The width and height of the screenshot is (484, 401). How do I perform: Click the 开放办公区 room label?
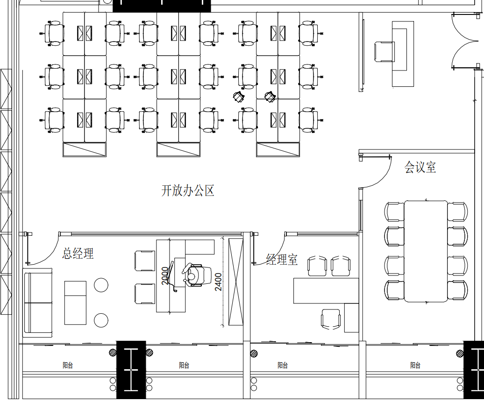pyautogui.click(x=188, y=190)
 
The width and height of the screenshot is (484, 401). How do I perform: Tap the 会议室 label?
pyautogui.click(x=420, y=167)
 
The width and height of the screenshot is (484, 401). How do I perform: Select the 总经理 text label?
pyautogui.click(x=78, y=253)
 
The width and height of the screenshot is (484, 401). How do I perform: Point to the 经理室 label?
pyautogui.click(x=282, y=260)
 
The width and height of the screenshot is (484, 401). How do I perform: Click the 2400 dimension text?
pyautogui.click(x=218, y=281)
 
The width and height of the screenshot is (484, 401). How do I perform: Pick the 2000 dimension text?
pyautogui.click(x=165, y=275)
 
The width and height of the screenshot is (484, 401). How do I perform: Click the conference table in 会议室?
pyautogui.click(x=426, y=251)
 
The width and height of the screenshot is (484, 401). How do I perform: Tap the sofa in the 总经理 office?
pyautogui.click(x=38, y=303)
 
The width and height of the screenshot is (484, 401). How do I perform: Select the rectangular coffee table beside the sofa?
pyautogui.click(x=75, y=303)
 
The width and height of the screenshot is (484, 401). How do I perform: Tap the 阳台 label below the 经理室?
pyautogui.click(x=283, y=366)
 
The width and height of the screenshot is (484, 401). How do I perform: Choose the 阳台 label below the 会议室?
pyautogui.click(x=415, y=366)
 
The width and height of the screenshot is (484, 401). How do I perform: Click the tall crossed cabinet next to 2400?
pyautogui.click(x=236, y=281)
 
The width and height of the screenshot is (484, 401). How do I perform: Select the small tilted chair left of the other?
pyautogui.click(x=239, y=97)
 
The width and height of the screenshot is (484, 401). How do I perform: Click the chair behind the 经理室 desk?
pyautogui.click(x=331, y=319)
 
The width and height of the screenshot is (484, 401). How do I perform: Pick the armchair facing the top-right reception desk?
pyautogui.click(x=384, y=51)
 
